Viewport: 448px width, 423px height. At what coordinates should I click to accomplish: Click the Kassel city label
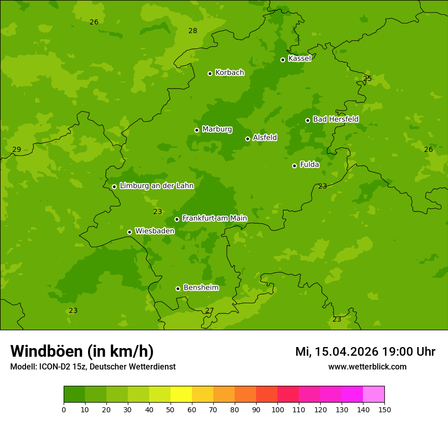(x=299, y=59)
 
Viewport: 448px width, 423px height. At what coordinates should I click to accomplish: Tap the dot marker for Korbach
(x=210, y=73)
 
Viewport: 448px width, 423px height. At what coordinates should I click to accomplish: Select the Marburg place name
(x=217, y=129)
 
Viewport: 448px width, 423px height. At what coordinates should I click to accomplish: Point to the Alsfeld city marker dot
(x=247, y=139)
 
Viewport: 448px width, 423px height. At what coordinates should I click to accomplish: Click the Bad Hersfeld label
(x=335, y=119)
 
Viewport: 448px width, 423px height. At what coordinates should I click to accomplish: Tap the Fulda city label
(x=310, y=165)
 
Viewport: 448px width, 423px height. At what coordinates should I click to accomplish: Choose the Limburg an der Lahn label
(x=156, y=186)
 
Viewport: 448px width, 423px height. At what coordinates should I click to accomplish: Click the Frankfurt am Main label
(x=214, y=218)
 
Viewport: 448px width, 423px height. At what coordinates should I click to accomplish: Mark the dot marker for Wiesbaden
(x=129, y=232)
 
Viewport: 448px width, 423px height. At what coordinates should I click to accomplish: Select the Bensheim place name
(x=201, y=287)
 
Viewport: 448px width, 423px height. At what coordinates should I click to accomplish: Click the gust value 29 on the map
(x=17, y=149)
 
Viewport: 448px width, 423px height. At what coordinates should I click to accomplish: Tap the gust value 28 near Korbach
(x=192, y=31)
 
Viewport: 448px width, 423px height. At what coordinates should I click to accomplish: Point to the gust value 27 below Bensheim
(x=209, y=310)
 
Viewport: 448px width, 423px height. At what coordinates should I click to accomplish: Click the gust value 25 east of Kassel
(x=367, y=78)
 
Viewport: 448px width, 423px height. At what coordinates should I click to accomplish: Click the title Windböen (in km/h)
(x=82, y=351)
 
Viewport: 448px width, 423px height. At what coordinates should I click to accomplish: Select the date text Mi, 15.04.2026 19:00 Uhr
(x=365, y=352)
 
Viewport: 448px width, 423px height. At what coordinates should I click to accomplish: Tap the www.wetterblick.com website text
(x=367, y=366)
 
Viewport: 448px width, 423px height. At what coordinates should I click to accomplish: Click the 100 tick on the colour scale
(x=277, y=409)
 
